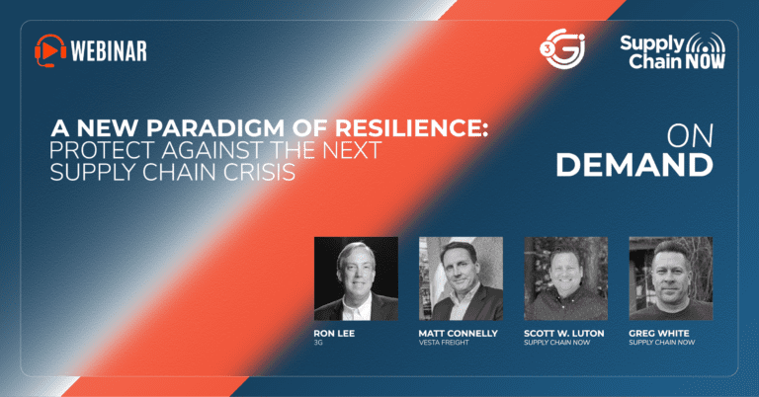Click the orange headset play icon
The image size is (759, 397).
pyautogui.click(x=50, y=50)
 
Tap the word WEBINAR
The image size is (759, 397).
pyautogui.click(x=109, y=50)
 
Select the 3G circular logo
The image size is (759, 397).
pyautogui.click(x=562, y=48)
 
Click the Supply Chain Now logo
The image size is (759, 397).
pyautogui.click(x=673, y=50)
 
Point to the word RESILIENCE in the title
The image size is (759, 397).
pyautogui.click(x=411, y=128)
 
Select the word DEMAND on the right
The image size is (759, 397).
pyautogui.click(x=634, y=165)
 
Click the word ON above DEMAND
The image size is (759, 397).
pyautogui.click(x=690, y=136)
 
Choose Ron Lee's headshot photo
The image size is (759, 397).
pyautogui.click(x=356, y=278)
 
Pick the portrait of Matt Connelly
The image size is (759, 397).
pyautogui.click(x=461, y=278)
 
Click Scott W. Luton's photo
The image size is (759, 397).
pyautogui.click(x=566, y=278)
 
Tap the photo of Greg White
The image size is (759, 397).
pyautogui.click(x=671, y=278)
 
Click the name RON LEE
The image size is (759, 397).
pyautogui.click(x=334, y=333)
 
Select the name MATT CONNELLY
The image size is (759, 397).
pyautogui.click(x=458, y=333)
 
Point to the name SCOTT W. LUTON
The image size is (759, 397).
pyautogui.click(x=564, y=333)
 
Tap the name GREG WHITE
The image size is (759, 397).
pyautogui.click(x=659, y=333)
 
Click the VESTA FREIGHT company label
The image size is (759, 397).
pyautogui.click(x=444, y=343)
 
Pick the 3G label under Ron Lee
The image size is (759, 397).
pyautogui.click(x=318, y=343)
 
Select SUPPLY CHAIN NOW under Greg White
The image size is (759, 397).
pyautogui.click(x=662, y=343)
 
